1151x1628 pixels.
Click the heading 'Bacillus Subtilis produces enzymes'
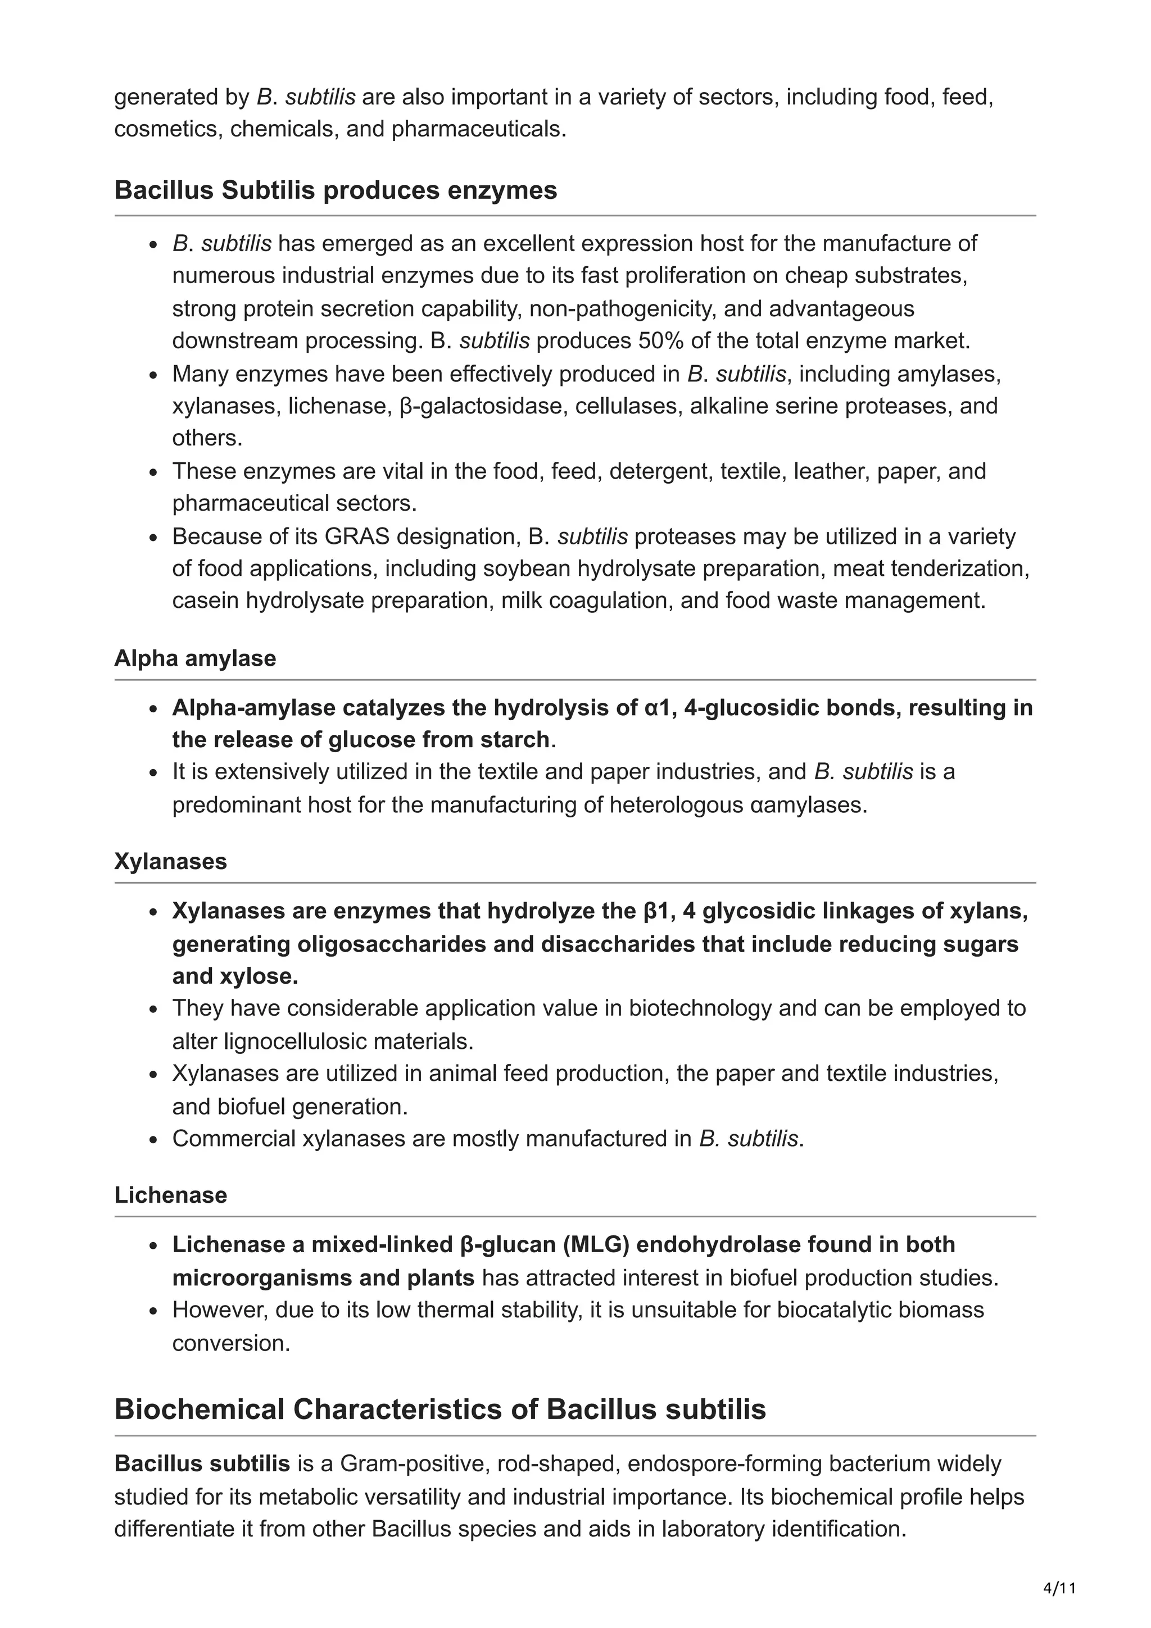click(x=336, y=190)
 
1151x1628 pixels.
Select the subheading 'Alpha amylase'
click(x=195, y=658)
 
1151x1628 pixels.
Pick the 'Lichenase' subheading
click(x=170, y=1195)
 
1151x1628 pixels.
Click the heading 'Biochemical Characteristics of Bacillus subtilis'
click(x=439, y=1409)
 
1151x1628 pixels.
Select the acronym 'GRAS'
click(x=357, y=536)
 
